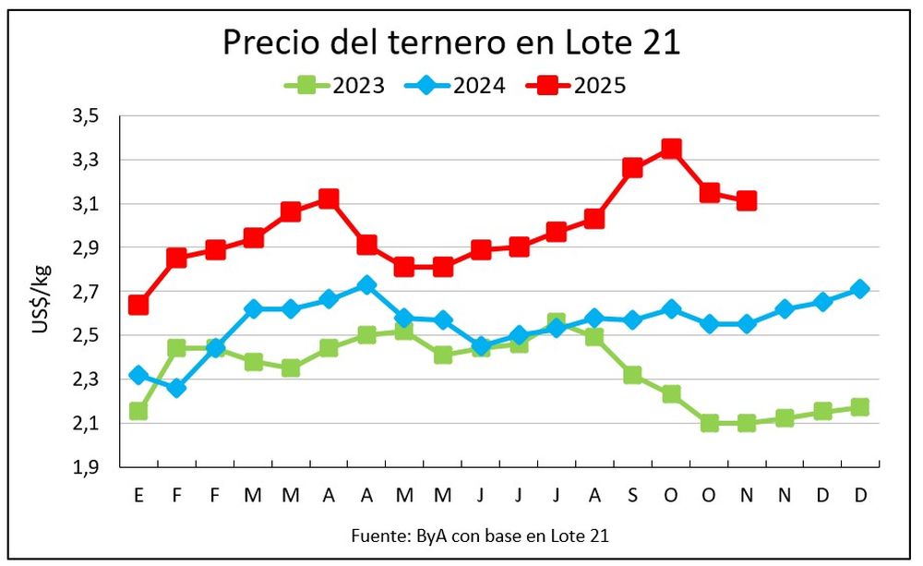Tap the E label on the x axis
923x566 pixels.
click(138, 496)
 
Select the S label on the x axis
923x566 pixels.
click(632, 496)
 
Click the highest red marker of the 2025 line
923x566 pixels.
click(671, 149)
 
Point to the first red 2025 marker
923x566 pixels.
click(138, 305)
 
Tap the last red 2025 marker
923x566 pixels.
click(747, 200)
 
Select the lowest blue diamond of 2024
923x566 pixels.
click(176, 388)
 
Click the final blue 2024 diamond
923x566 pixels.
click(860, 289)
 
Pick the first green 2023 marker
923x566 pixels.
click(138, 411)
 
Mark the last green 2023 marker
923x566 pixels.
click(860, 407)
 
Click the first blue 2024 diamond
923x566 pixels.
click(138, 375)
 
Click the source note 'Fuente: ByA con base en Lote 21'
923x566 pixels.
click(480, 535)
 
